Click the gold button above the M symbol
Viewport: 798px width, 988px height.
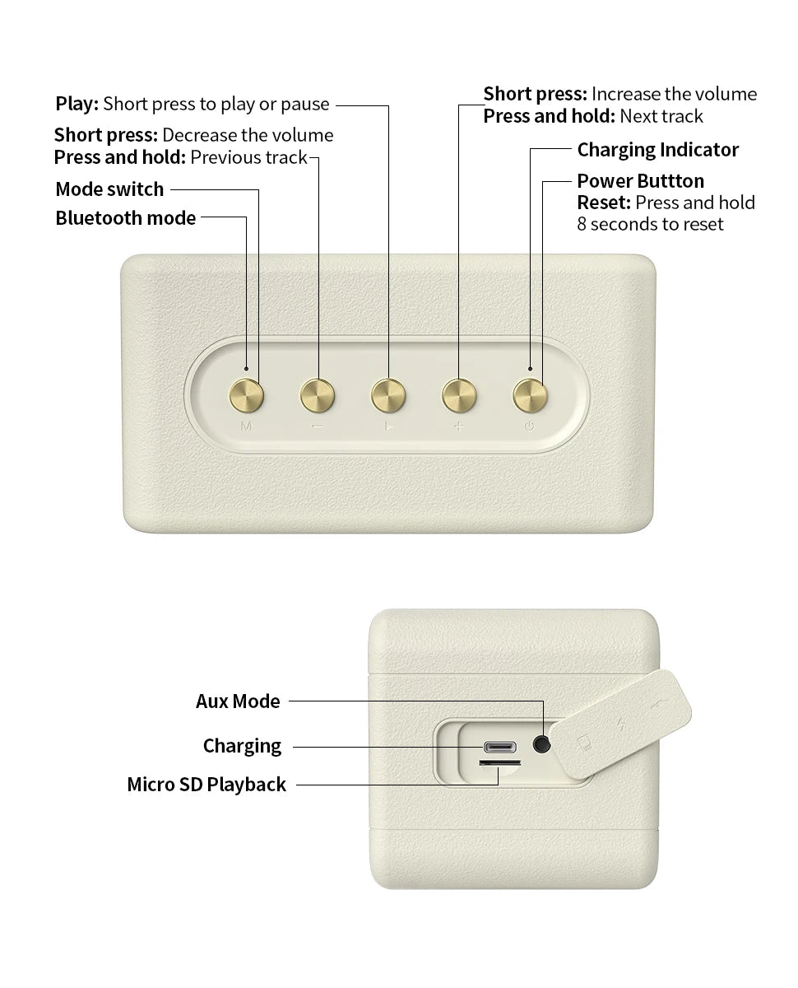(x=246, y=396)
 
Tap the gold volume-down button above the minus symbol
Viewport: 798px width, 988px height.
(x=318, y=396)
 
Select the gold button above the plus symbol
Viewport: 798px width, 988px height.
(x=459, y=396)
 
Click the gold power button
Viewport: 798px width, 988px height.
(x=530, y=396)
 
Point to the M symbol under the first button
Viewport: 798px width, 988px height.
(x=246, y=426)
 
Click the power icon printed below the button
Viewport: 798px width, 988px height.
(x=529, y=426)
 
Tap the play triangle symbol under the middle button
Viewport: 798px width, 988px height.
(x=389, y=426)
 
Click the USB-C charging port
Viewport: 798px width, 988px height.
(x=499, y=748)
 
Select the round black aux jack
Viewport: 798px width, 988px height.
(x=541, y=744)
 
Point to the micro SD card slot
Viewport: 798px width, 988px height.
(x=499, y=762)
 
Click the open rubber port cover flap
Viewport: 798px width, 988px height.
(x=621, y=725)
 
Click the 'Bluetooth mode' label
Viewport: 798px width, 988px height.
(x=126, y=218)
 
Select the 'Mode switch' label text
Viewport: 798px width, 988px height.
(x=109, y=189)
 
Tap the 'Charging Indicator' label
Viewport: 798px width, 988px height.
(x=657, y=150)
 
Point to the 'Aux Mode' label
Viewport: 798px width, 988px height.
(x=238, y=701)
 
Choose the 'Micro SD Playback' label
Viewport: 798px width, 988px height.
(x=206, y=785)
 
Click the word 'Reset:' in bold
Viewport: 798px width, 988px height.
(x=604, y=203)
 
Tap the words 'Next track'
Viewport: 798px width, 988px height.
(x=661, y=116)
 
